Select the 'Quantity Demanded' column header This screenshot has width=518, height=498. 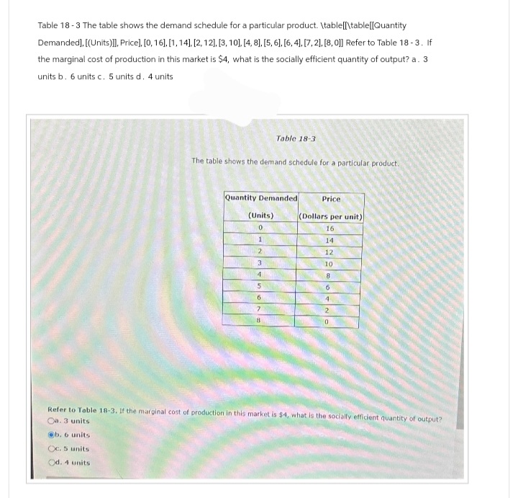260,198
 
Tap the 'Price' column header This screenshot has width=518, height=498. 331,198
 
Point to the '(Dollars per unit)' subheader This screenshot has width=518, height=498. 331,216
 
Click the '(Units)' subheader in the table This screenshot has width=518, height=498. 260,215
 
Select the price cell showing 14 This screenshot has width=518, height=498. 330,239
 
